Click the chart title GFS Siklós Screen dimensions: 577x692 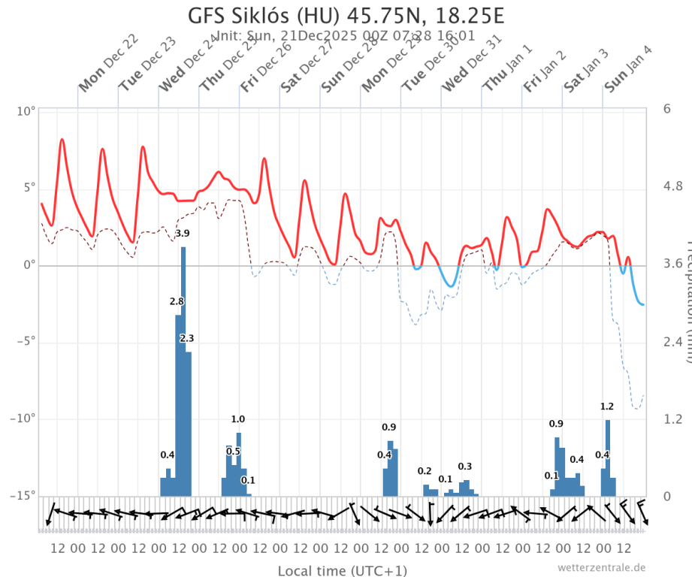(x=346, y=16)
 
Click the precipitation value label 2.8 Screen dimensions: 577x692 (x=177, y=301)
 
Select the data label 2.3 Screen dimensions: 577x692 (x=187, y=339)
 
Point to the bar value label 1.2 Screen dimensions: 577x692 (x=607, y=406)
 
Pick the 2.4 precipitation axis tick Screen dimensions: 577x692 (x=670, y=342)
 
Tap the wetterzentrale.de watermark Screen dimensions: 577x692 (x=601, y=567)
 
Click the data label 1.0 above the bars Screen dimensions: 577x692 (x=238, y=419)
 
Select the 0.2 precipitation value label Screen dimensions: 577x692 (x=425, y=471)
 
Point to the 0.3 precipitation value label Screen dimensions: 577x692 (x=465, y=467)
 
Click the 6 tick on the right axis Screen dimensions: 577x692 (x=666, y=109)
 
